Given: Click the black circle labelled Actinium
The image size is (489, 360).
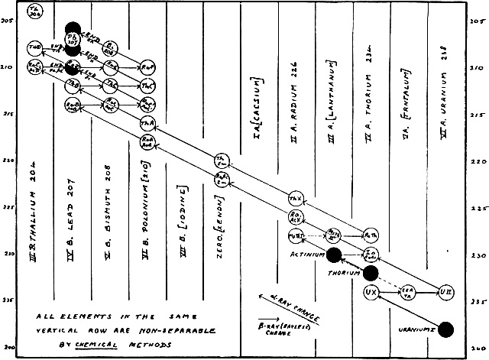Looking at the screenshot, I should click(334, 255).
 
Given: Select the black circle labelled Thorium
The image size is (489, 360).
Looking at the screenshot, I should click(372, 273).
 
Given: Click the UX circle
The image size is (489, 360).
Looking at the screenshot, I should click(372, 292).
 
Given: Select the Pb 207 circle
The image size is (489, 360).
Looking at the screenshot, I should click(73, 37).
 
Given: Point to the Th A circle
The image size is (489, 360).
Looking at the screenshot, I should click(147, 123).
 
